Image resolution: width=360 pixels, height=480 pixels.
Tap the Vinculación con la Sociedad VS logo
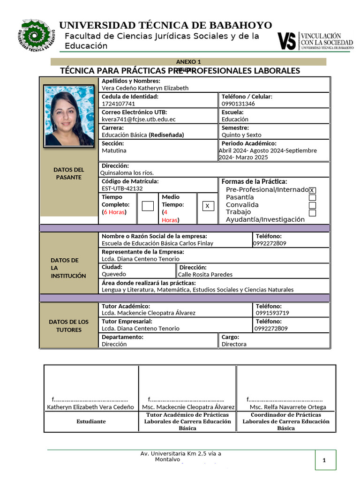point(315,41)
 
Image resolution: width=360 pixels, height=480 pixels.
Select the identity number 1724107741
point(119,104)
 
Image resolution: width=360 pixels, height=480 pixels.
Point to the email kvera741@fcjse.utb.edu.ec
point(139,120)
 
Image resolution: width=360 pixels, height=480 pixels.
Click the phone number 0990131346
point(238,104)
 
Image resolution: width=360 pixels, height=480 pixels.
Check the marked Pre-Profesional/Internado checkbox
point(312,190)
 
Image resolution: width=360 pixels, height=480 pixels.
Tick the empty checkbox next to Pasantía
point(312,197)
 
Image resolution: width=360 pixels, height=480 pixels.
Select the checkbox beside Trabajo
point(312,213)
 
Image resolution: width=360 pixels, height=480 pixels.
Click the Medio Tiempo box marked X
point(207,206)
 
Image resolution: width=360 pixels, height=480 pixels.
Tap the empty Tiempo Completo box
point(147,206)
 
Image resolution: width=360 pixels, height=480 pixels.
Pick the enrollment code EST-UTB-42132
point(122,188)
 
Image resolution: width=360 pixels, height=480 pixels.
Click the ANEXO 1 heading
point(188,61)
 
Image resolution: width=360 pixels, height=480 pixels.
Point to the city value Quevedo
point(114,274)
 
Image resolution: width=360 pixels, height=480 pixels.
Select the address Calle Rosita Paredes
point(205,274)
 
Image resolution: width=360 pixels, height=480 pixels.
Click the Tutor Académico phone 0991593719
point(272,313)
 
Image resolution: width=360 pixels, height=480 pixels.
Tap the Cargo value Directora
point(234,344)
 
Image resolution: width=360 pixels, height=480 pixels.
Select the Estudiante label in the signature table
point(91,421)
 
